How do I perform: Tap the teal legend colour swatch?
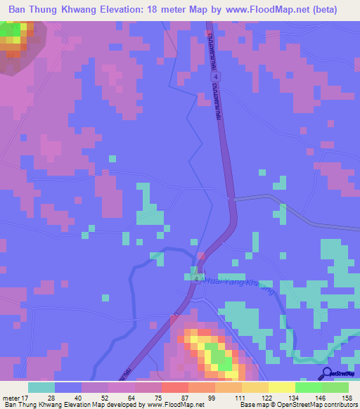click(x=41, y=388)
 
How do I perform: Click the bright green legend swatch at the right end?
click(x=335, y=388)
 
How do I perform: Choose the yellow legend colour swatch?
click(x=282, y=388)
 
